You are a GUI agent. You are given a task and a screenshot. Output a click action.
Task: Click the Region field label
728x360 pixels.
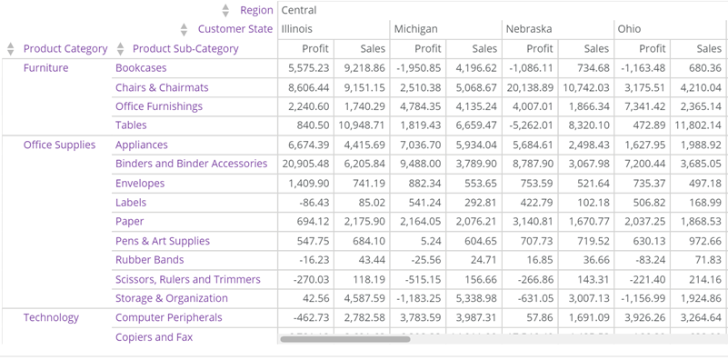[x=255, y=10]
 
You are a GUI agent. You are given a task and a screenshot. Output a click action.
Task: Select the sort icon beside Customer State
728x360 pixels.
[x=184, y=29]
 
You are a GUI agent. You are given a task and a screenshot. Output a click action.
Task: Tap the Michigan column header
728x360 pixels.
[x=415, y=29]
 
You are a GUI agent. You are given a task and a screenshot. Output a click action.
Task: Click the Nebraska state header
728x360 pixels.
[x=529, y=29]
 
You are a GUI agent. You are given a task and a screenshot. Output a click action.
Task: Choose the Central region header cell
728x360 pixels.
[x=299, y=10]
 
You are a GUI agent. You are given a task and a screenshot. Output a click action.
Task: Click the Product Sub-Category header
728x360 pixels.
[x=185, y=48]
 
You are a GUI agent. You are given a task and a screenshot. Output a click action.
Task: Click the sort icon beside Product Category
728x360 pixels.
[x=11, y=48]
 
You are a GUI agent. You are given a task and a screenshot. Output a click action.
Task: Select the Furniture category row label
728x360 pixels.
[x=45, y=68]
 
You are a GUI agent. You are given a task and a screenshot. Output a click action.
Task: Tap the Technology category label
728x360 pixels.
[x=51, y=317]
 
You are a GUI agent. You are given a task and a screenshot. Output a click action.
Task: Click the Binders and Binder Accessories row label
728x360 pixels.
[x=191, y=164]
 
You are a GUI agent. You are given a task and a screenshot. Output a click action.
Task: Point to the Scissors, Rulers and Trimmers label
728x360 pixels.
[x=187, y=279]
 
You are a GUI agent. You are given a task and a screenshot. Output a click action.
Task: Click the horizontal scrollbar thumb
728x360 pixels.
[x=344, y=339]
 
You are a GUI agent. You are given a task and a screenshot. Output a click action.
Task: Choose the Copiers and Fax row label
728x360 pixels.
[x=154, y=337]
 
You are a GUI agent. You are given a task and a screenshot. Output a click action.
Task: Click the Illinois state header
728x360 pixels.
[x=300, y=29]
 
